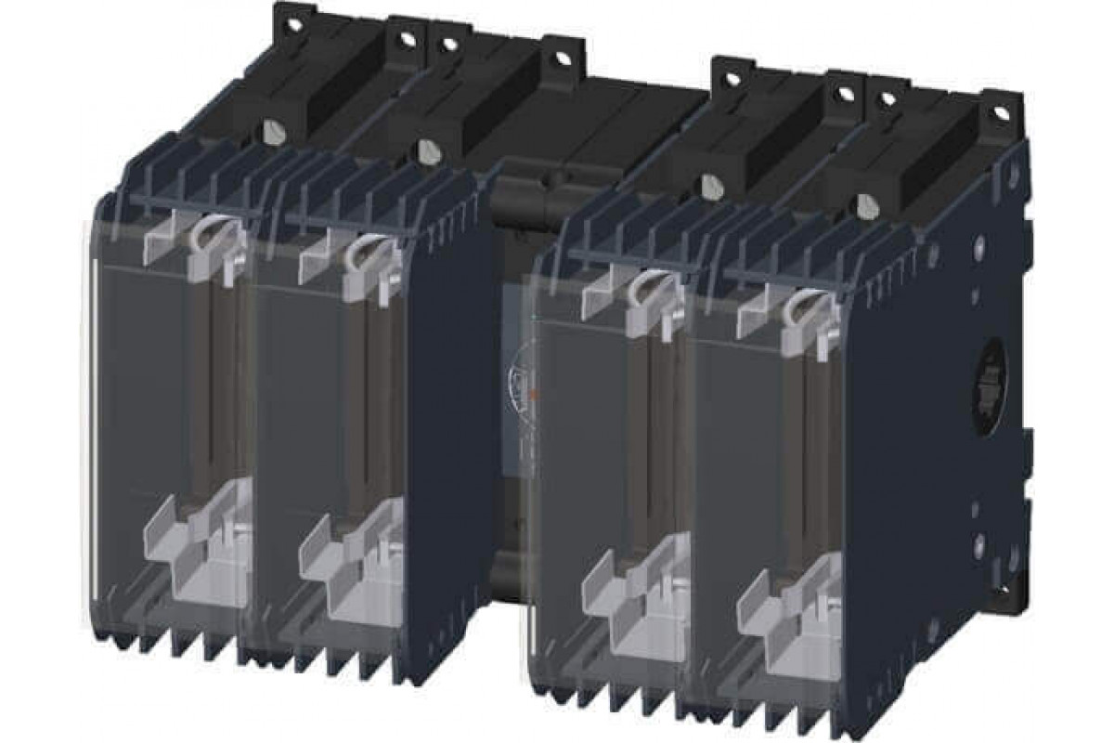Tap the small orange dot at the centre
[534, 396]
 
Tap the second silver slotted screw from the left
[428, 150]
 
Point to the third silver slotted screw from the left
[712, 185]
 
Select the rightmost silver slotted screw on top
[868, 202]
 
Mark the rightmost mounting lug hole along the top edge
[1000, 111]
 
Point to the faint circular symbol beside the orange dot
[516, 382]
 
